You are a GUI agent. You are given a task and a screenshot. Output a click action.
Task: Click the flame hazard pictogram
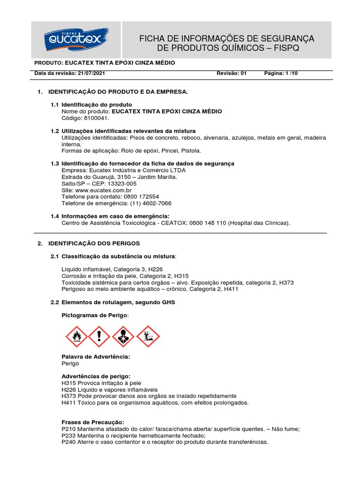(x=75, y=336)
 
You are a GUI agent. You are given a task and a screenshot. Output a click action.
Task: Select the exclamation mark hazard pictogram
(x=99, y=336)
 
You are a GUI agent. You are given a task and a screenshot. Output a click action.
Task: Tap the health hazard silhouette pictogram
(x=123, y=336)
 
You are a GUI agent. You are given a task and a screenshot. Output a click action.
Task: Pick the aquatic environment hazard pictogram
(x=148, y=336)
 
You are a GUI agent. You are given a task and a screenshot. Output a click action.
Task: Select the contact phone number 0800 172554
(x=140, y=197)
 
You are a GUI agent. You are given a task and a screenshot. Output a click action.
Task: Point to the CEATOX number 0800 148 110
(x=207, y=223)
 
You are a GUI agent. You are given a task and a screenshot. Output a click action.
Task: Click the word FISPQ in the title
(x=284, y=48)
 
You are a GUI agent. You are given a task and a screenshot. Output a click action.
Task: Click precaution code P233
(x=68, y=435)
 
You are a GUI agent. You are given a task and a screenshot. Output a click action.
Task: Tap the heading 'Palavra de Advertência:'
(x=96, y=357)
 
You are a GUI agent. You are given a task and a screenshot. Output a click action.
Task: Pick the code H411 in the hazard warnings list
(x=69, y=403)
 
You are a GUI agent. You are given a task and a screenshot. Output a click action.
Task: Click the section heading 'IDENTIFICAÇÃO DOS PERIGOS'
(x=94, y=243)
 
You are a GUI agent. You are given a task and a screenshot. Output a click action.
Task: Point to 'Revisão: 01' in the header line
(x=231, y=74)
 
